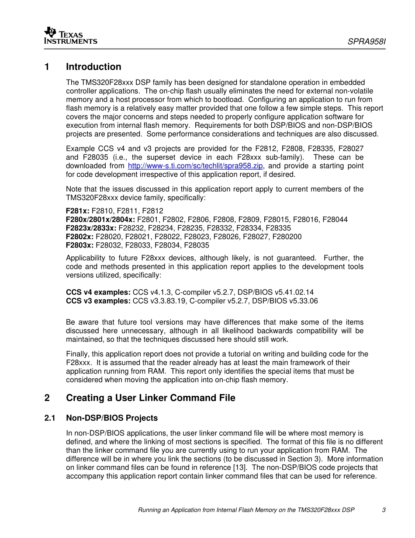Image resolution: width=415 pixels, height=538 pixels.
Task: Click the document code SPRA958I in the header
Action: click(367, 42)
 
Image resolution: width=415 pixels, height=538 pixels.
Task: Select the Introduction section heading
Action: click(93, 67)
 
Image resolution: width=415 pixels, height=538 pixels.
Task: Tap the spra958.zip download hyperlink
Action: click(195, 166)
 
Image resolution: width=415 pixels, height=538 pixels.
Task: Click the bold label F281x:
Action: click(77, 211)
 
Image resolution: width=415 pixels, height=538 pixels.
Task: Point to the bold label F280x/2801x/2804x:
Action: click(100, 220)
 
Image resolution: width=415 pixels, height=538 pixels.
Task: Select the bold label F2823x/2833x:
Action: click(91, 228)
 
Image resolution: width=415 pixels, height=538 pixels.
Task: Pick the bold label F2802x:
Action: click(80, 237)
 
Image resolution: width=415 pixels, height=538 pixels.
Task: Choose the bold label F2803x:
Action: click(80, 245)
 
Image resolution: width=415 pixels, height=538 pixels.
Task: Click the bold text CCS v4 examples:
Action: click(98, 292)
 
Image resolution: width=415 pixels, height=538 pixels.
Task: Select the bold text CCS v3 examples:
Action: click(98, 301)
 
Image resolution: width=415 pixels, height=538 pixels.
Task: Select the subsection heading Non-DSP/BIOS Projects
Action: click(111, 418)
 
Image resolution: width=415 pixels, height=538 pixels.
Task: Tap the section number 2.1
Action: click(50, 418)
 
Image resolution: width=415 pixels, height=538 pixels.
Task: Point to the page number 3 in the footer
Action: click(384, 510)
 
